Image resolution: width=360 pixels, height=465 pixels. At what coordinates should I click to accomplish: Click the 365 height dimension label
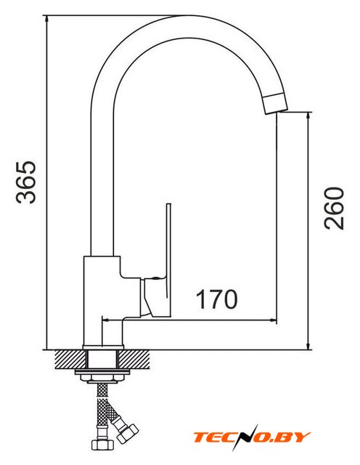(x=26, y=182)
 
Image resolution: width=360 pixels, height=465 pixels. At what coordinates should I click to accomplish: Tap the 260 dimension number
(x=334, y=209)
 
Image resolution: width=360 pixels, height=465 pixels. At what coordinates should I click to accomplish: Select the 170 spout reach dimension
(x=216, y=299)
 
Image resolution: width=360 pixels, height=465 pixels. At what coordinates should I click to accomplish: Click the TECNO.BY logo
(x=252, y=437)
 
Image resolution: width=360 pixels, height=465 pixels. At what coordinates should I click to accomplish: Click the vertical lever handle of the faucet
(x=169, y=260)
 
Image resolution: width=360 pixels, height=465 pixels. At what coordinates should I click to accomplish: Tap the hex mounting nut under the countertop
(x=102, y=378)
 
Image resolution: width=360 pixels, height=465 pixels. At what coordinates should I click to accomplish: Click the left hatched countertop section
(x=70, y=360)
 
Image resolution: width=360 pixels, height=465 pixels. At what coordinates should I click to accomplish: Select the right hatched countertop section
(x=134, y=360)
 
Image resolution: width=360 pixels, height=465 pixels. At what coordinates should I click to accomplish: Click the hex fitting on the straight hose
(x=102, y=445)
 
